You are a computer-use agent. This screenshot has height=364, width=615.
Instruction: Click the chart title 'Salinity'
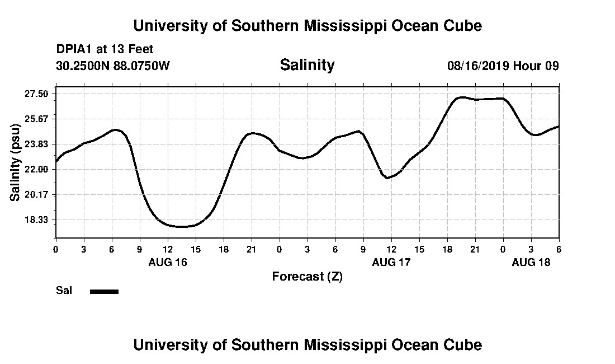[307, 65]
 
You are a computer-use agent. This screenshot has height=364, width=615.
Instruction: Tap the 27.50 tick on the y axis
[36, 94]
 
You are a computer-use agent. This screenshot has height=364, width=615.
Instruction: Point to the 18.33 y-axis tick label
[36, 220]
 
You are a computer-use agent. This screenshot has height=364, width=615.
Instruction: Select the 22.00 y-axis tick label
[36, 169]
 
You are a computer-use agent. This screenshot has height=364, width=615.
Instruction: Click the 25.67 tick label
[36, 119]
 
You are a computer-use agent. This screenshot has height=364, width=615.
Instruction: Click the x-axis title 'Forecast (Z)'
[307, 276]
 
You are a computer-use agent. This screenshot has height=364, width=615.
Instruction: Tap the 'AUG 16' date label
[168, 262]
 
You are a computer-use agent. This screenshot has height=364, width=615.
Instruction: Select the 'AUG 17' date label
[391, 262]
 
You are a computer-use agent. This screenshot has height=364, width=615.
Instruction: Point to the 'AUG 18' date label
[531, 262]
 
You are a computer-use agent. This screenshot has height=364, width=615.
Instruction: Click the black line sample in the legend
[104, 291]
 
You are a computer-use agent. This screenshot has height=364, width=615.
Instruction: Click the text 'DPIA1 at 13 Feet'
[105, 49]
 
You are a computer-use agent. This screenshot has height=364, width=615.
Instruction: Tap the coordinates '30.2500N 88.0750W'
[113, 66]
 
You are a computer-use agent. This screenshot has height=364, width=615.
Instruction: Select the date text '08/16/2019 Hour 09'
[503, 66]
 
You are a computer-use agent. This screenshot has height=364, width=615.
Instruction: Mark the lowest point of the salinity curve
[182, 227]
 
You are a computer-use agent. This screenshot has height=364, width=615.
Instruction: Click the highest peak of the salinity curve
[461, 97]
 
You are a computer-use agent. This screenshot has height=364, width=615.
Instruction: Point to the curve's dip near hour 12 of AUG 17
[387, 178]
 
